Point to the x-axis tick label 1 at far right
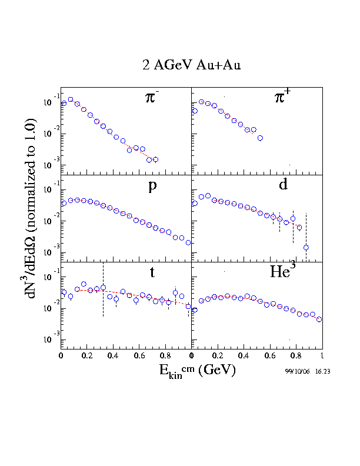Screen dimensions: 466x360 [x=322, y=356]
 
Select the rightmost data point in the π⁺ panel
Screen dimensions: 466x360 [x=260, y=138]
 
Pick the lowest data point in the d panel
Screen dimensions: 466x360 [x=306, y=247]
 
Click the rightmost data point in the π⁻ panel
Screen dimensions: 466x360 [x=155, y=159]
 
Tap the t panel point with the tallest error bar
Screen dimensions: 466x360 [x=103, y=288]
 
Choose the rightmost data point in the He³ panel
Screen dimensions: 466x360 [x=319, y=319]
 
